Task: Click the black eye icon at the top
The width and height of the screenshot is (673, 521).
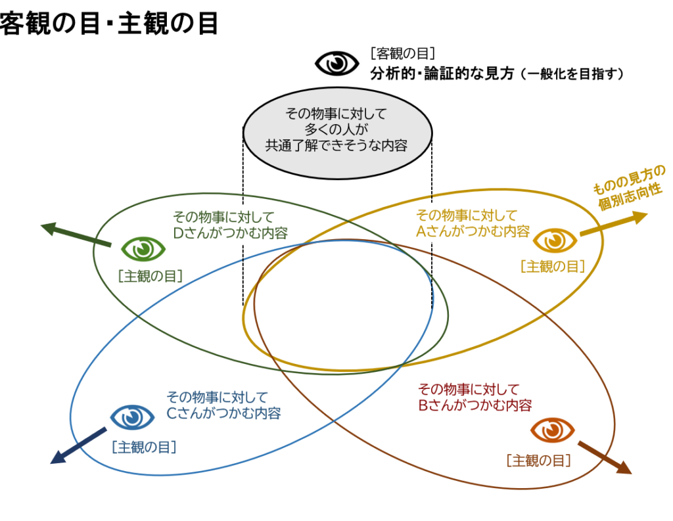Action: pos(336,63)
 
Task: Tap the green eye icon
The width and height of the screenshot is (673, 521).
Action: pos(143,248)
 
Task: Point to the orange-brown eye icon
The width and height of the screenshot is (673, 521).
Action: pos(552,430)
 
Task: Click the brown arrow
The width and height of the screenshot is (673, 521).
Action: pos(604,457)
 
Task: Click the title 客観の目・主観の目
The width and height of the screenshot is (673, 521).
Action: pos(109,24)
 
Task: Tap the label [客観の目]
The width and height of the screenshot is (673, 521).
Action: pos(403,54)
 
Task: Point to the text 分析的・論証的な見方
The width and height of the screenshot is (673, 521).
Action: pos(442,74)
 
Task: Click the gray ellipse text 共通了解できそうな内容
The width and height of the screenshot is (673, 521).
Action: pos(336,146)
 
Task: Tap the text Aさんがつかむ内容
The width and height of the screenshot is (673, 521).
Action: pos(473,231)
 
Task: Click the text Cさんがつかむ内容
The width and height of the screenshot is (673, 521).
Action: pos(223,413)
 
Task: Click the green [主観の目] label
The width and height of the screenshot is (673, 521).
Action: pos(151,276)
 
